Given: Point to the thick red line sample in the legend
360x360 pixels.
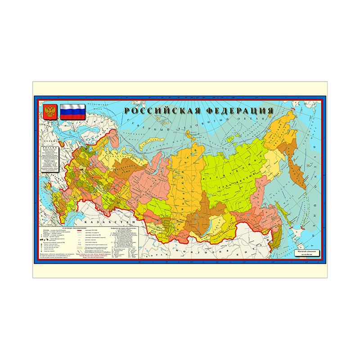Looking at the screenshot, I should tap(85, 230).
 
